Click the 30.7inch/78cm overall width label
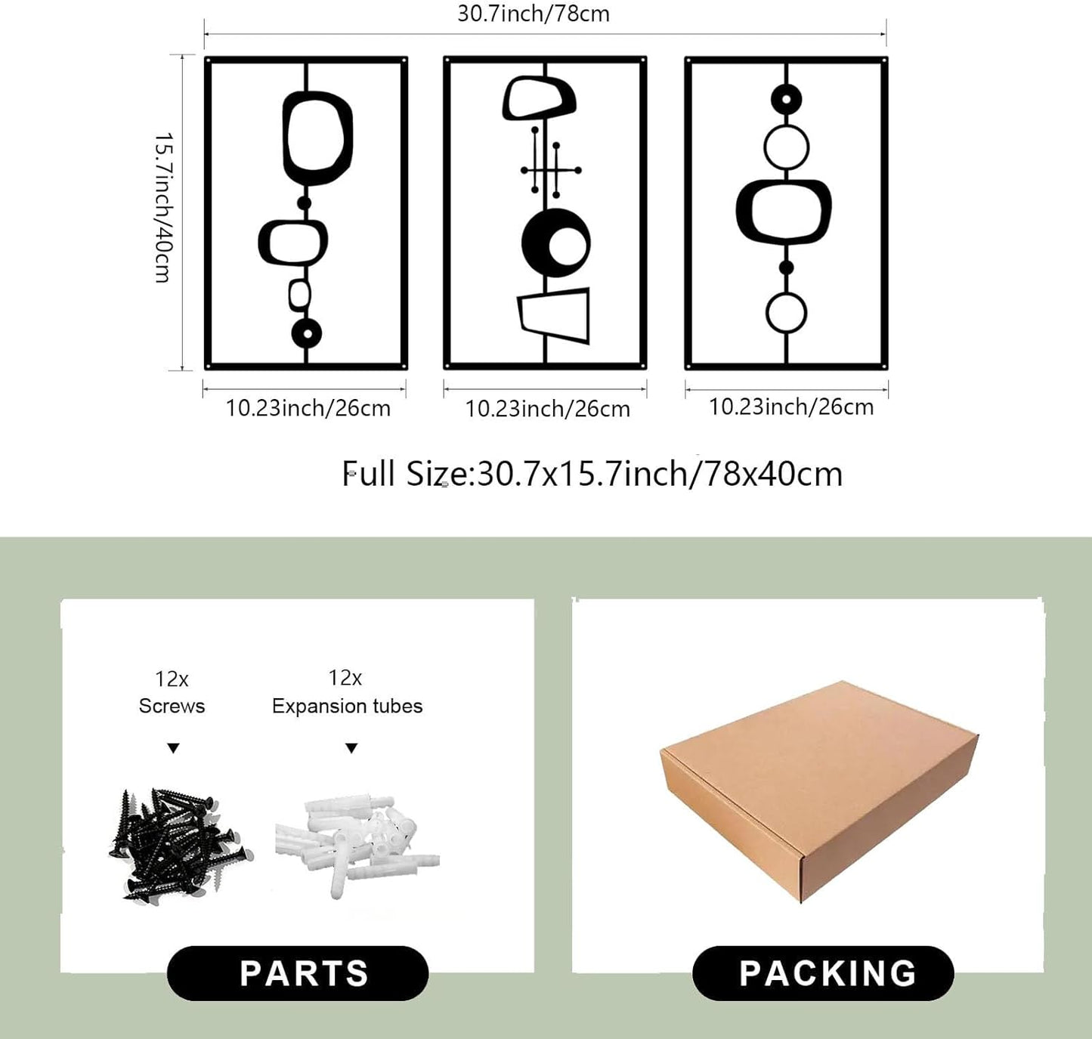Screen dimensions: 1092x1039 coord(534,14)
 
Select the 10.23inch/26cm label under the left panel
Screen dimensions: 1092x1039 coord(308,408)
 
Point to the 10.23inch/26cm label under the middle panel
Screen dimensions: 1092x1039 coord(548,409)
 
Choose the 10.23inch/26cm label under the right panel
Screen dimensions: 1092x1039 coord(791,407)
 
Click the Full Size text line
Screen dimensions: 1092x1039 coord(592,474)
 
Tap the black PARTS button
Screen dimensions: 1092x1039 coord(298,973)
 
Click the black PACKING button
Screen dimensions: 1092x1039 coord(823,973)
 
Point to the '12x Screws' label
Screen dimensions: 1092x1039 coord(172,692)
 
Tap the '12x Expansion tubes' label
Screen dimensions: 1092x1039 coord(347,691)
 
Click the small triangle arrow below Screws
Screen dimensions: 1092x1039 coord(173,748)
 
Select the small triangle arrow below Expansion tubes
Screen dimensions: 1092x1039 coord(351,748)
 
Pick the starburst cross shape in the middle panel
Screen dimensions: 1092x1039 coord(551,170)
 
